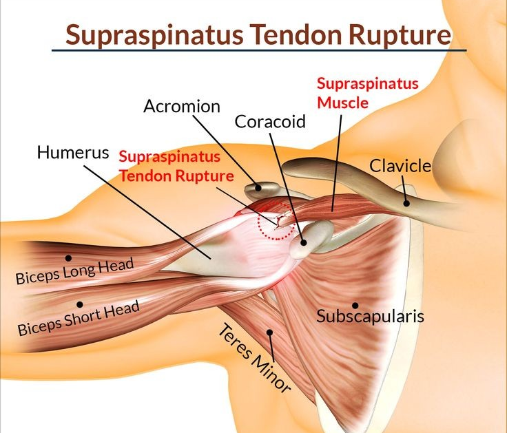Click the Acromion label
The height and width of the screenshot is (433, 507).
pos(182,106)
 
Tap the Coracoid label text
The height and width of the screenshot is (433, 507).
pos(270,121)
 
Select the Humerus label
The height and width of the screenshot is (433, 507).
pos(73,152)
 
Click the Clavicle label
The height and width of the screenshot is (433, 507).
pos(400,166)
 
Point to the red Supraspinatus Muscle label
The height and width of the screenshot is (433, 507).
pos(368,93)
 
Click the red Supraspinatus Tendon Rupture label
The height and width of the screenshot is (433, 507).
pos(176,167)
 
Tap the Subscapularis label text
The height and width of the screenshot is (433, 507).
pos(370,316)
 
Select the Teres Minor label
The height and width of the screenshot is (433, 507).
pos(254,359)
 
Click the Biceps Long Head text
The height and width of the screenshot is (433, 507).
pos(74,271)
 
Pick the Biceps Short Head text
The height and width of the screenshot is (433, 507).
pos(79,318)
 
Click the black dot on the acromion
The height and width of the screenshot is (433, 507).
pos(258,187)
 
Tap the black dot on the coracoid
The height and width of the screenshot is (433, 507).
pos(303,242)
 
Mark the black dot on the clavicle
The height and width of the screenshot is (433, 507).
pos(406,203)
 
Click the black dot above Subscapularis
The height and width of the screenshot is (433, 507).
pos(355,306)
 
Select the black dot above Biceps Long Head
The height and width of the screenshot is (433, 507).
pos(68,258)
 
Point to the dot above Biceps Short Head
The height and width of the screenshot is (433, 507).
pos(80,304)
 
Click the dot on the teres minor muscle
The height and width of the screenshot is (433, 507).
pos(269,332)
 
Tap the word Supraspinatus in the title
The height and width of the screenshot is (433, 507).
pos(154,35)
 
